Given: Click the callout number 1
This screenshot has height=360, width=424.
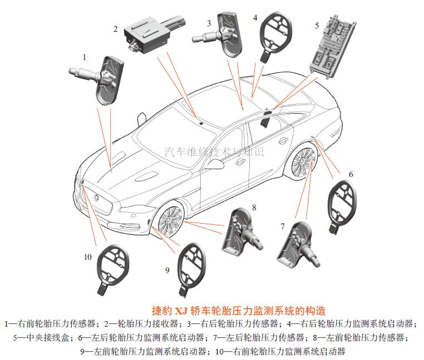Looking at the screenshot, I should point(85,57).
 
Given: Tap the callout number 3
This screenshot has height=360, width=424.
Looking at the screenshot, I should point(209,23).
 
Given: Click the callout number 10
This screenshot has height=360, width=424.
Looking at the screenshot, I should point(87,257).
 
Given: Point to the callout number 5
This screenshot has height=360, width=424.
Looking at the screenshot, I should point(317,26).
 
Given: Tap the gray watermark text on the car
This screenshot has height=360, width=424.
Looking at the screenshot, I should point(214,151).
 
